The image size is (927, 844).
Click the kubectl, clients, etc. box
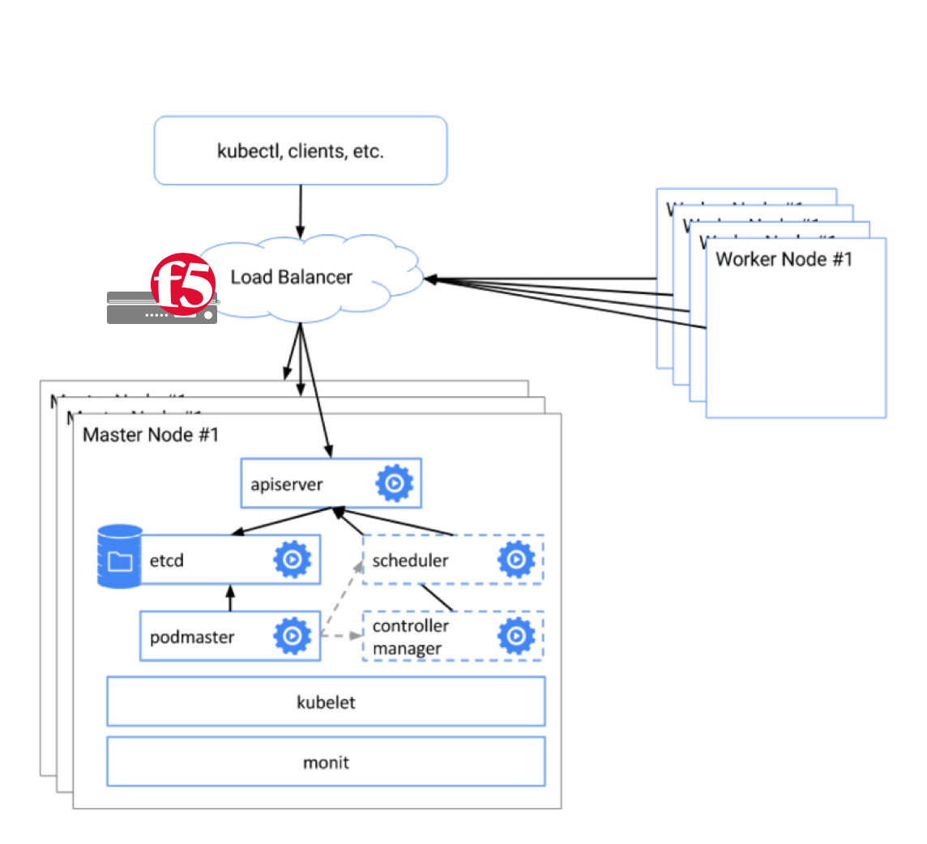pos(300,151)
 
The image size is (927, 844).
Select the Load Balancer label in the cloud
pos(292,277)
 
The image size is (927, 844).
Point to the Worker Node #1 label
pos(784,259)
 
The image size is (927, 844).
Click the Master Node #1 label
pos(152,434)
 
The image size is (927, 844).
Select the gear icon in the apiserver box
pos(395,484)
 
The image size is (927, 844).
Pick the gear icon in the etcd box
pos(293,559)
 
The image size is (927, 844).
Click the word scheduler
pos(410,560)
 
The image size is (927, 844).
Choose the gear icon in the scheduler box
pos(515,559)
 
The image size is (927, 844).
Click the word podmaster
pos(192,637)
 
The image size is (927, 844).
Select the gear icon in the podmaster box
pos(293,636)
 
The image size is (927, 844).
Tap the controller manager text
pos(410,637)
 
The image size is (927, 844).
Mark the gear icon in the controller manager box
pos(515,636)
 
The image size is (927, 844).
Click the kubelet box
pos(326,701)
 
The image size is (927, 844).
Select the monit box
pos(326,761)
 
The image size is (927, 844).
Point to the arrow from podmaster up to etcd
pos(230,598)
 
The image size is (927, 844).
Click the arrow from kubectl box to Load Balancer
pos(301,211)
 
